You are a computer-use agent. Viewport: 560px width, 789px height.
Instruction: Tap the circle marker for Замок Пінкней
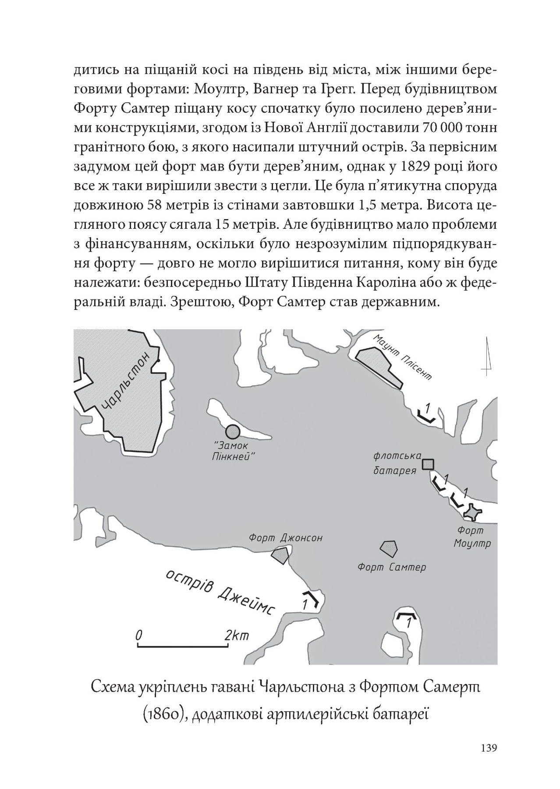tap(233, 432)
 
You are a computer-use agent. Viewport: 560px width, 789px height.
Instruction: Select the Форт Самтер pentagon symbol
tap(389, 548)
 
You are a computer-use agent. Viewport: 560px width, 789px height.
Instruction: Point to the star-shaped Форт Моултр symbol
tap(473, 512)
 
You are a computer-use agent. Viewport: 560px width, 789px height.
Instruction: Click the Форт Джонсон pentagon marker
tap(280, 555)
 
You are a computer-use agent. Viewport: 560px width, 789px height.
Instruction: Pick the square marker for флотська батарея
tap(428, 464)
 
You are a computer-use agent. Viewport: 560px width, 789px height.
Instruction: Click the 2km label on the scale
tap(236, 635)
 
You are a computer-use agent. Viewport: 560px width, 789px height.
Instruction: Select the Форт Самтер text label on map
tap(392, 568)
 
